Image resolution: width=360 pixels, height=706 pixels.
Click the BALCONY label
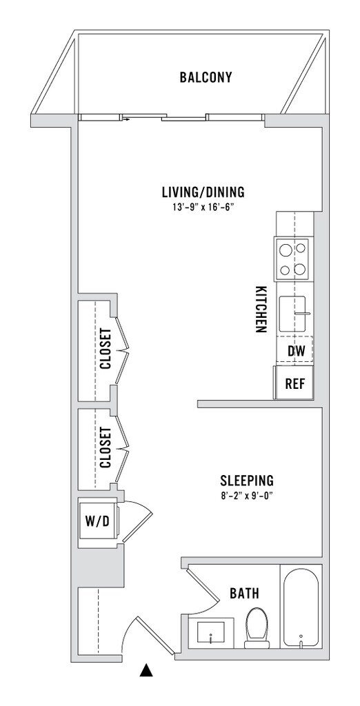click(x=206, y=77)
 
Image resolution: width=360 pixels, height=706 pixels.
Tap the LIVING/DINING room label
click(x=203, y=192)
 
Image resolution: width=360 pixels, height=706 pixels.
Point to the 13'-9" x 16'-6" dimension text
click(x=203, y=208)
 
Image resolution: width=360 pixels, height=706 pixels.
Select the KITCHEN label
click(x=259, y=310)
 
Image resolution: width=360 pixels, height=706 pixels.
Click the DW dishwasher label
click(x=297, y=351)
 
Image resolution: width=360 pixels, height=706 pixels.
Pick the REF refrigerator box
click(x=295, y=383)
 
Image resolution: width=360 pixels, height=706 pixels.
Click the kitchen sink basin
click(x=292, y=312)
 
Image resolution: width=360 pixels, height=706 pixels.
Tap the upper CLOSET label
click(x=106, y=349)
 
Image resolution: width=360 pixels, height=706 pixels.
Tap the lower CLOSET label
click(x=106, y=447)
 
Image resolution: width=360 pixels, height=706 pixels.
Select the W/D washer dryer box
click(x=98, y=521)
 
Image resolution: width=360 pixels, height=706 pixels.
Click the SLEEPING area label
click(x=246, y=481)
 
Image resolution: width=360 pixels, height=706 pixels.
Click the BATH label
click(x=244, y=594)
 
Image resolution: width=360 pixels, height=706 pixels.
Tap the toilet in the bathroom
click(x=257, y=629)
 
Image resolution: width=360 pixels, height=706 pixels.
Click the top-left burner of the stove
click(x=285, y=248)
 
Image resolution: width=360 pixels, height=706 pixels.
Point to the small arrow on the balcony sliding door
click(x=126, y=120)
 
